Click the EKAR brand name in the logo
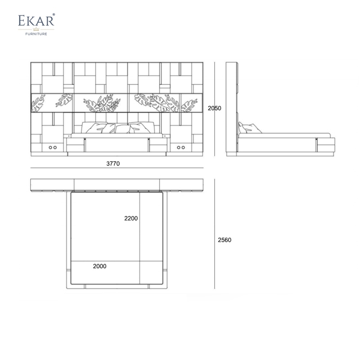click(36, 20)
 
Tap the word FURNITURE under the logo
click(36, 34)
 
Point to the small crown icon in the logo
click(36, 29)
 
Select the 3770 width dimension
click(113, 163)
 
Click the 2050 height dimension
click(215, 108)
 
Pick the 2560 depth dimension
click(225, 240)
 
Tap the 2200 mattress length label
click(131, 218)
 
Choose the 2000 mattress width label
click(99, 266)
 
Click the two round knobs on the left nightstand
click(53, 148)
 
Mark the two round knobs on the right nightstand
click(181, 148)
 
